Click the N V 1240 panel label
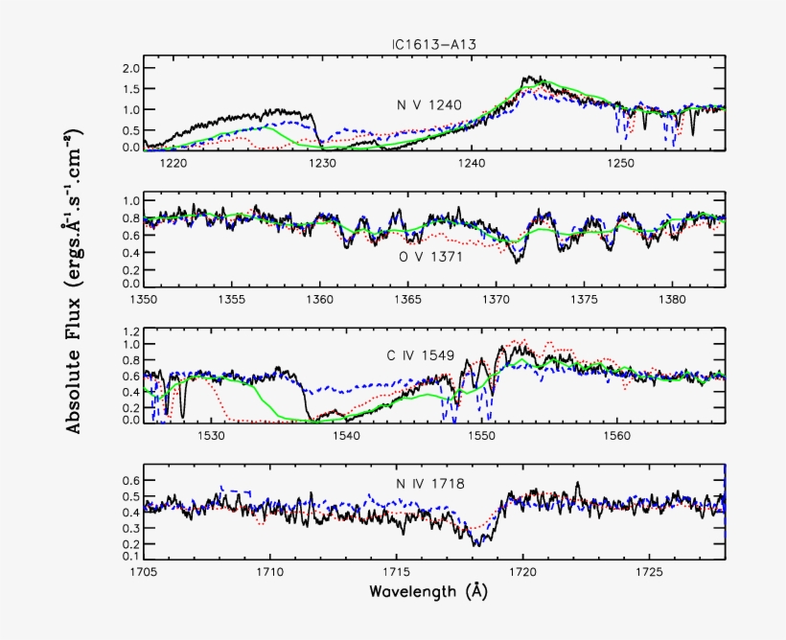pyautogui.click(x=430, y=104)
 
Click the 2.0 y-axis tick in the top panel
pyautogui.click(x=130, y=69)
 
